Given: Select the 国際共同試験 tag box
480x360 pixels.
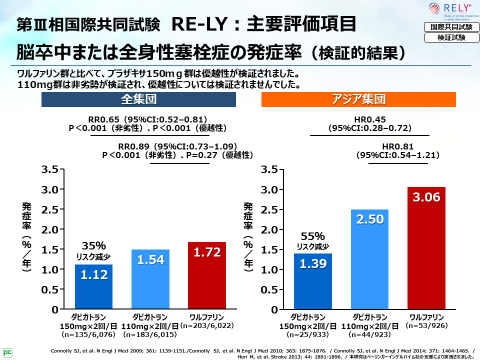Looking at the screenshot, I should [448, 27].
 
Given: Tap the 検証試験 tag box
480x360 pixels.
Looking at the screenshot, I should [448, 37].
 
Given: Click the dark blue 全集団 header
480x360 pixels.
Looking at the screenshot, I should [138, 99].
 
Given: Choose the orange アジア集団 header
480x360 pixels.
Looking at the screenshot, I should [359, 99].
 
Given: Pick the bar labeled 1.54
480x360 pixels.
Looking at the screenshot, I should [150, 279].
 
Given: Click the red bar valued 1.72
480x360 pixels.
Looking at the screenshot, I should [207, 275].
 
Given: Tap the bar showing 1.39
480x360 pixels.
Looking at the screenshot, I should [312, 281].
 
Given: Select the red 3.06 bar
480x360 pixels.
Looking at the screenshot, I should [426, 248].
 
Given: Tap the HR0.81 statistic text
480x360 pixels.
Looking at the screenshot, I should [397, 146].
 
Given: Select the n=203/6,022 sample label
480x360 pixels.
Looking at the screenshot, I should [207, 325].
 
